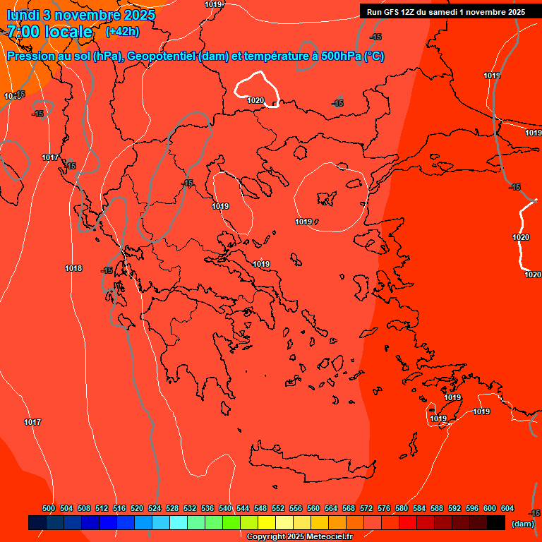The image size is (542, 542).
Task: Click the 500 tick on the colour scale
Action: click(x=49, y=508)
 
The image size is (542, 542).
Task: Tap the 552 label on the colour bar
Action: click(x=278, y=508)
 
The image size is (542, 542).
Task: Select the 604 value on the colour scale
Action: click(x=507, y=508)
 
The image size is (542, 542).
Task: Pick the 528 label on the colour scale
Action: click(x=172, y=508)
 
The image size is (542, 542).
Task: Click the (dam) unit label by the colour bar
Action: click(x=522, y=523)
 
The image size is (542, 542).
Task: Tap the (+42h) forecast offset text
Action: click(x=122, y=31)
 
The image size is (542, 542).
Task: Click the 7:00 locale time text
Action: click(x=49, y=31)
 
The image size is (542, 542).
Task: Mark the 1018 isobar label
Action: click(x=73, y=268)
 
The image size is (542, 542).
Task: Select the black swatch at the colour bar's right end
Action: click(x=495, y=523)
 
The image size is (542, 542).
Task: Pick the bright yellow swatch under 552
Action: click(x=266, y=523)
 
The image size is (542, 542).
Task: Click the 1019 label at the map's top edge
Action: click(x=214, y=4)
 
